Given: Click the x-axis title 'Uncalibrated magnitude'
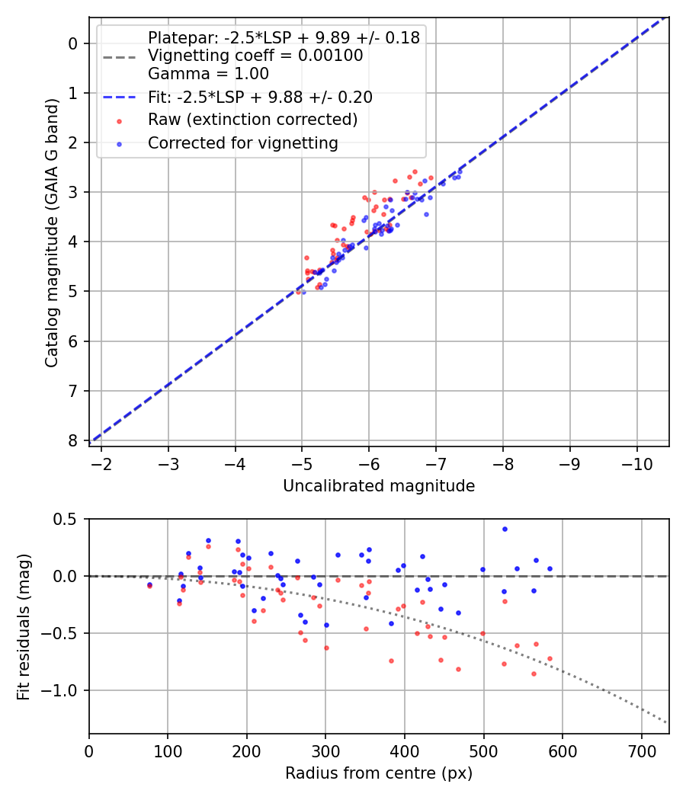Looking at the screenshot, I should click(379, 486).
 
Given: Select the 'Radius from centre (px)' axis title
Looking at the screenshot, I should click(379, 773).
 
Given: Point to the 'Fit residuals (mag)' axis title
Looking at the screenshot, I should click(24, 626).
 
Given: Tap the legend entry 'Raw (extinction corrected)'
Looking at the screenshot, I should click(252, 120).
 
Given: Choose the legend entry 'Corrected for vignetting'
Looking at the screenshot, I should click(242, 143).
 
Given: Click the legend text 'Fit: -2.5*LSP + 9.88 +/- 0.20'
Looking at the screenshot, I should click(260, 97).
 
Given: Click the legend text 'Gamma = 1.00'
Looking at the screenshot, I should click(208, 74).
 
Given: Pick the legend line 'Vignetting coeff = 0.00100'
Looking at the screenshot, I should click(255, 56).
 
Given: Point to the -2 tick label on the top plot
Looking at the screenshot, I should click(102, 462).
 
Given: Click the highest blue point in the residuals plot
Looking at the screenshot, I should click(505, 529).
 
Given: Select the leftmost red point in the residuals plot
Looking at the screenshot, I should click(149, 586).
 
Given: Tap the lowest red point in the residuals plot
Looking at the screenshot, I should click(534, 674).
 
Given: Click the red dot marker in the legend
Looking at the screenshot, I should click(119, 120).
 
